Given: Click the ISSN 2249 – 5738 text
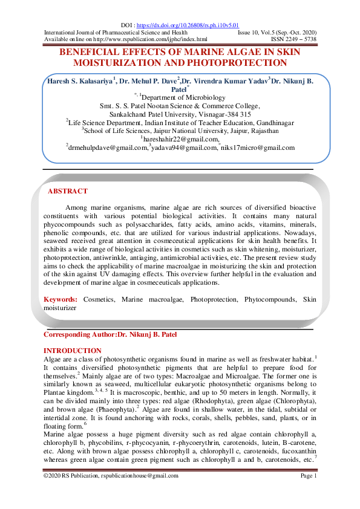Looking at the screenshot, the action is point(293,39).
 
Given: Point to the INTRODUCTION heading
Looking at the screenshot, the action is point(73,351).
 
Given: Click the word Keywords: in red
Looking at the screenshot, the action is point(61,299).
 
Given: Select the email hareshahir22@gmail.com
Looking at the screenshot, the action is point(180,139).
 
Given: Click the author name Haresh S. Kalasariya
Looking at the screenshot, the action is point(80,80).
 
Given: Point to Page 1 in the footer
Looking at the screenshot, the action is point(309,476).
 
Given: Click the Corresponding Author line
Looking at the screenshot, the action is point(111,334).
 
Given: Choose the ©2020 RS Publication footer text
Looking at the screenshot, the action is point(111,476).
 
